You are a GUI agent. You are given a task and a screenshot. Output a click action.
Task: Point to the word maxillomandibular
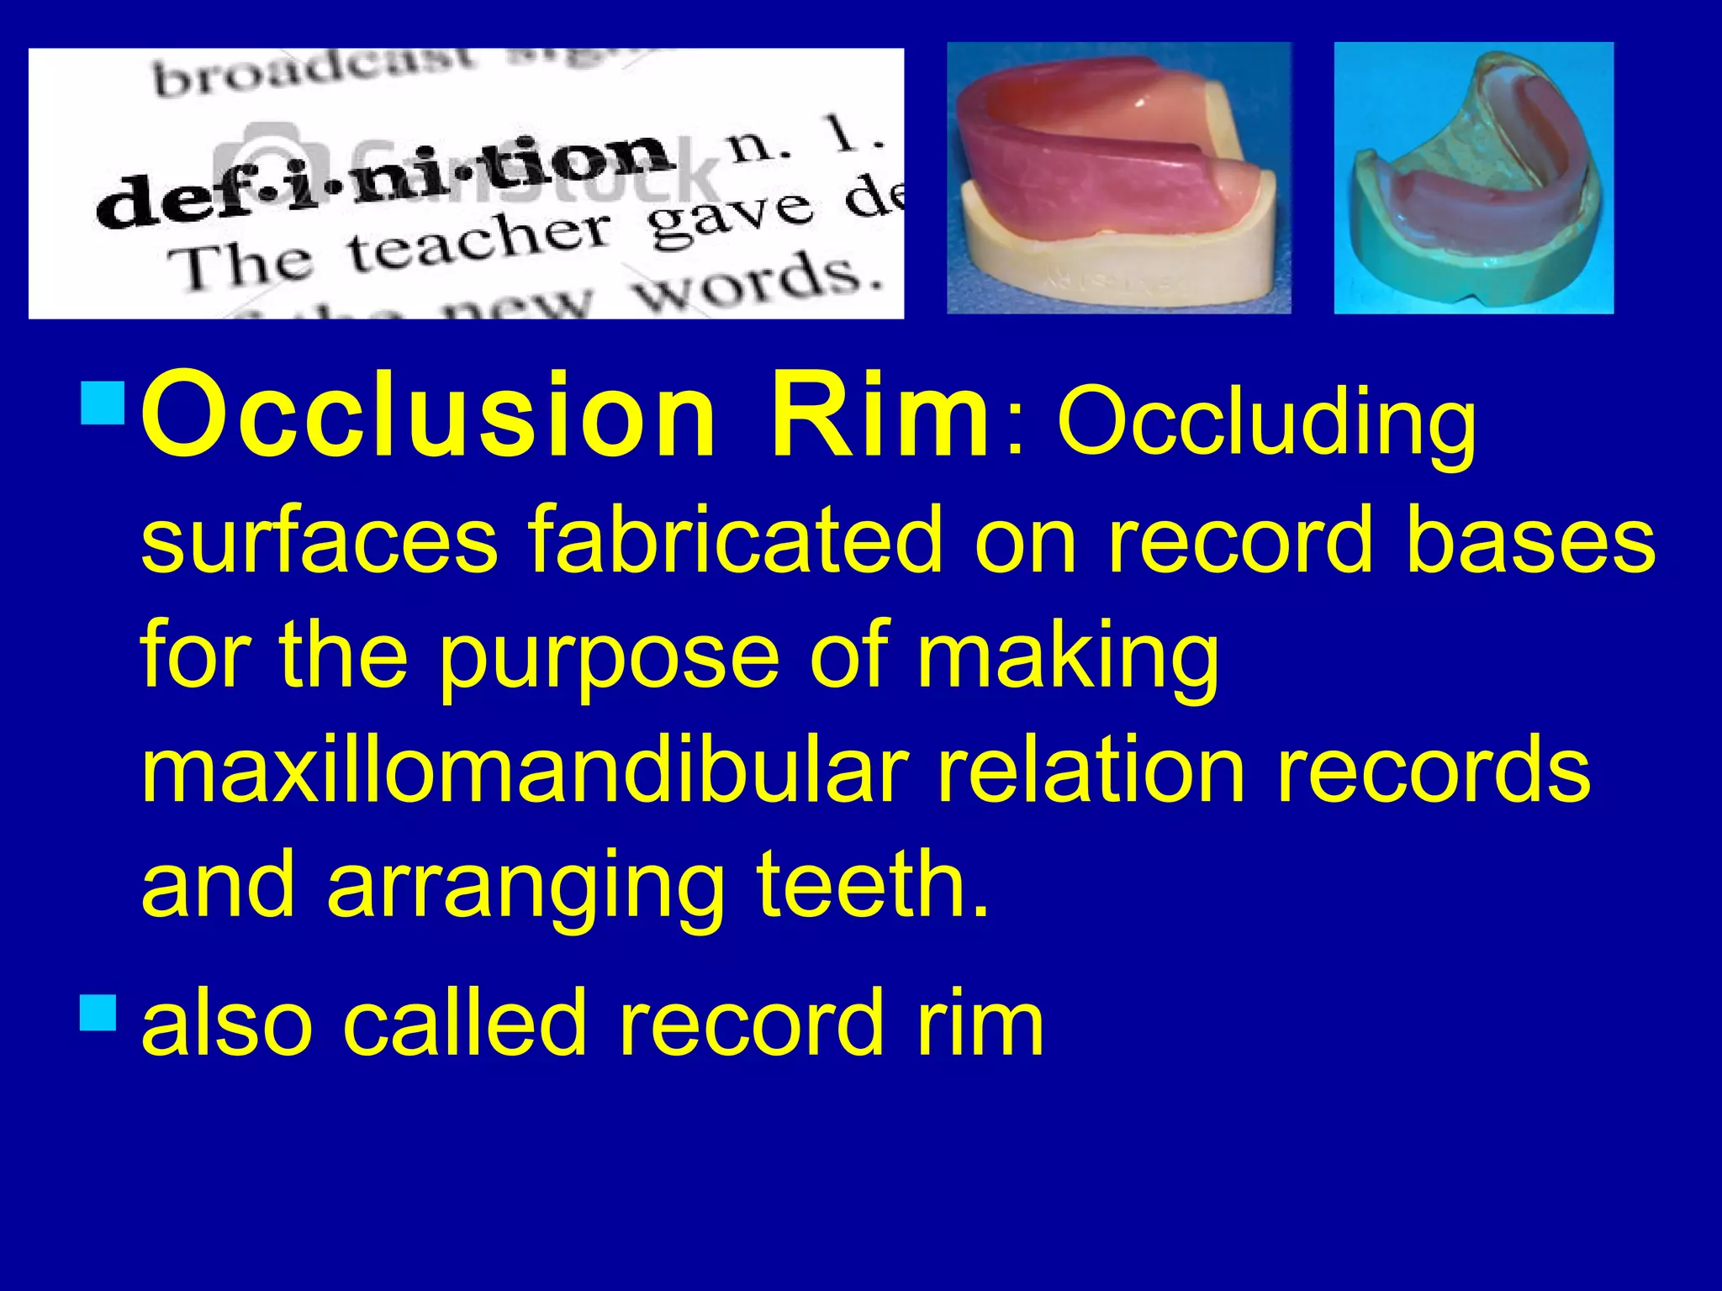(525, 770)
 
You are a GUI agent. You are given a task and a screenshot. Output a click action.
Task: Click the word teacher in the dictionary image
(479, 244)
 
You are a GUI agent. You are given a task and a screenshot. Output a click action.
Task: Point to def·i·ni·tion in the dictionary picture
(387, 181)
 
